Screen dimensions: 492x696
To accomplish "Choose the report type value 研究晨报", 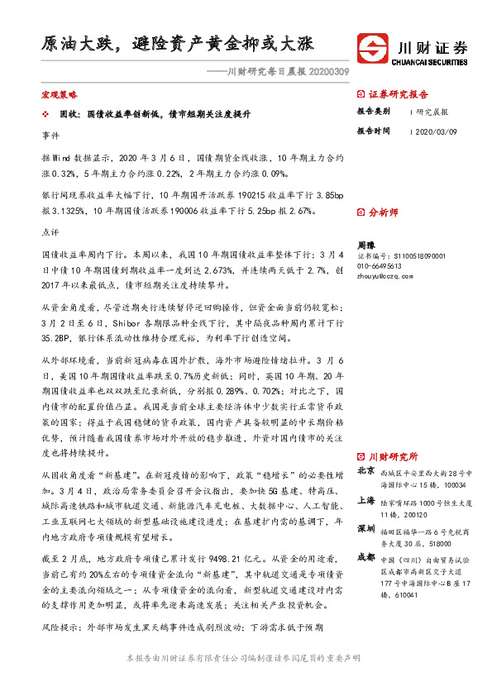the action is click(x=432, y=111).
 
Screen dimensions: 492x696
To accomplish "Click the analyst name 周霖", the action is click(x=365, y=246).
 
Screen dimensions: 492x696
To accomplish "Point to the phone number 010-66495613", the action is click(x=380, y=266).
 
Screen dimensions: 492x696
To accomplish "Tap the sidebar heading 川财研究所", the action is click(x=393, y=456).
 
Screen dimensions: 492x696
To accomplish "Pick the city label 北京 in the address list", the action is click(x=365, y=470).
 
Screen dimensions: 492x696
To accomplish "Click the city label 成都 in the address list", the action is click(x=365, y=557).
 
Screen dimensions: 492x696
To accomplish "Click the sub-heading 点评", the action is click(x=50, y=233).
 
